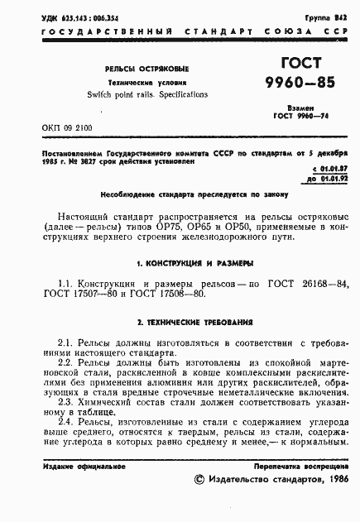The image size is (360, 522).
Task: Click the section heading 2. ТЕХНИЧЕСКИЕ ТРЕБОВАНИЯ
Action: click(180, 322)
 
